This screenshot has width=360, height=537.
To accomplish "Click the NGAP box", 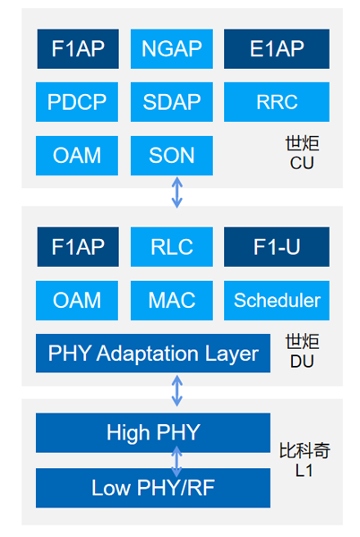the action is (x=172, y=48).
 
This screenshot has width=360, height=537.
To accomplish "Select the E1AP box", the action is (x=277, y=48).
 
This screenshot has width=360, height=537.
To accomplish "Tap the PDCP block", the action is (x=77, y=102).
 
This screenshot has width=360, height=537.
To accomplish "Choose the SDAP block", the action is (x=172, y=102).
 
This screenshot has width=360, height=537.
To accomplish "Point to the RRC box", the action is (x=277, y=102).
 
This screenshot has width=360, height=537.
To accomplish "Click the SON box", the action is (x=172, y=156).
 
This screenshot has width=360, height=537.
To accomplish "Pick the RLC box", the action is (x=172, y=247).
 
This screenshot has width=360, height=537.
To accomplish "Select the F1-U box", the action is (x=277, y=247).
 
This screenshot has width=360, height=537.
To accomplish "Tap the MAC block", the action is (x=172, y=301).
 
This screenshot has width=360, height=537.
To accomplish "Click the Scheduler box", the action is (x=277, y=301).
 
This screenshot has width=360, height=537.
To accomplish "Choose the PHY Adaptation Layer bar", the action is (x=153, y=354).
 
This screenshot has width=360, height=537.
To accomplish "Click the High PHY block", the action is (x=153, y=432).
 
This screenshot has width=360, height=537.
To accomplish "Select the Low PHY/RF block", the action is (x=153, y=488).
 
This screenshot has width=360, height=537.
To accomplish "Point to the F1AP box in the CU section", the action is (x=78, y=48).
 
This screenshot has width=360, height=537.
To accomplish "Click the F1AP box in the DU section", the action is (x=78, y=247).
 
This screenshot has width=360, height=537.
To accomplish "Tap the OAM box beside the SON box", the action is (x=77, y=156).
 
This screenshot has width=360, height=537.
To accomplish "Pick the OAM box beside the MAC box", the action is (x=77, y=301).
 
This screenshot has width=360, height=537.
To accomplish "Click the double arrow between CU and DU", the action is (x=176, y=192).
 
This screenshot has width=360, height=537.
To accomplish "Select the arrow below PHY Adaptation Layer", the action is (x=176, y=390).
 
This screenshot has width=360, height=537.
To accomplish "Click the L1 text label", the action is (x=304, y=471).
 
